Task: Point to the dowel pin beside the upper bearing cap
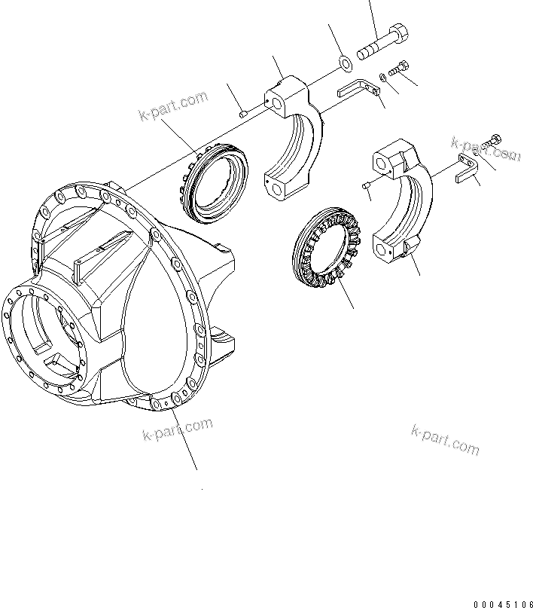pos(243,114)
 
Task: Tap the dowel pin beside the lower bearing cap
pos(366,184)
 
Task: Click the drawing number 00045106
pos(503,603)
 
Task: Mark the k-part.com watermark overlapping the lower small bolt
pos(486,148)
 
